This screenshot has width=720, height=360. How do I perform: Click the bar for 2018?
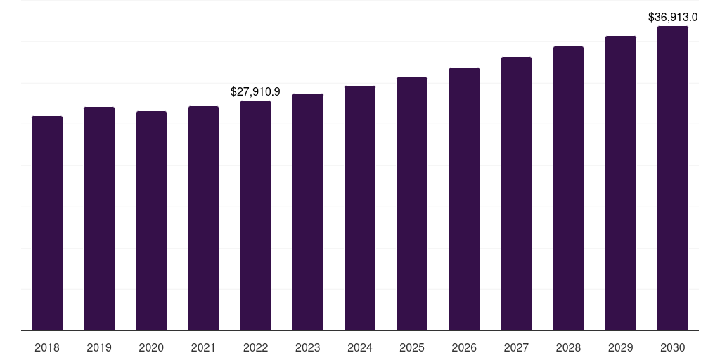tap(47, 223)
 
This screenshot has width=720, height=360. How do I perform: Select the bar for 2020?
tap(151, 221)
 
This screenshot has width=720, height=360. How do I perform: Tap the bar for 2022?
tap(255, 215)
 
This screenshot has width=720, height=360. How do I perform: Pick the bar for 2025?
tap(412, 204)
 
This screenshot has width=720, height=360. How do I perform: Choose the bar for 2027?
tap(516, 193)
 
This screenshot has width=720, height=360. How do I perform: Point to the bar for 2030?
tap(673, 178)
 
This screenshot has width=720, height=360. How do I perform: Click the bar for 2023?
tap(308, 212)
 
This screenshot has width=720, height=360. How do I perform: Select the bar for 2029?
tap(621, 183)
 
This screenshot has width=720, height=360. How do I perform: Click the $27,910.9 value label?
tap(255, 91)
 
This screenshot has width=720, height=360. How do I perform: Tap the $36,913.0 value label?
tap(673, 17)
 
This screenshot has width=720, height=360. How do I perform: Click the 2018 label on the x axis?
tap(47, 347)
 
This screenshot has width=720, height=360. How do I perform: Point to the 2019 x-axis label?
tap(99, 347)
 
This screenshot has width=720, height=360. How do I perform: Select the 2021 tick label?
tap(203, 347)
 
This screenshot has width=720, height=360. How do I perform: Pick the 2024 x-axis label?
tap(360, 347)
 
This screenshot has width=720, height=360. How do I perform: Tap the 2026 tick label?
tap(464, 347)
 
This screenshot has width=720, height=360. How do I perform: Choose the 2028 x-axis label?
tap(568, 347)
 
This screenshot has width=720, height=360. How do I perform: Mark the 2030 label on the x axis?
tap(673, 347)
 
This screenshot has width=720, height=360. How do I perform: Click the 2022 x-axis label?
tap(255, 347)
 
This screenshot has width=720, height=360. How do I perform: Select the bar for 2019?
tap(99, 219)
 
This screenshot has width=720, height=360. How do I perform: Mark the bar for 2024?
tap(360, 208)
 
